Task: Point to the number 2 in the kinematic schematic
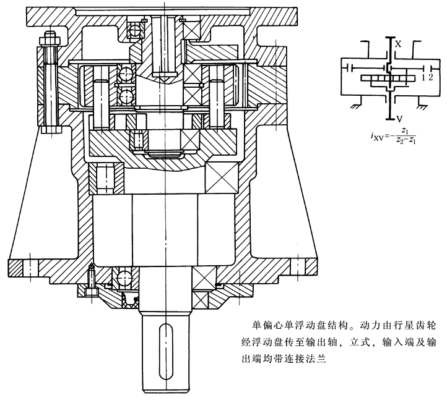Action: pos(429,77)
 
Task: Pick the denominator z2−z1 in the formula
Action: pos(404,140)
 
